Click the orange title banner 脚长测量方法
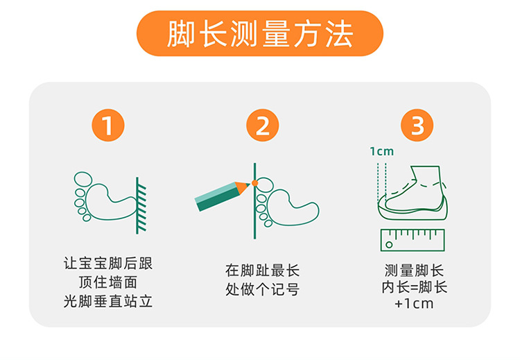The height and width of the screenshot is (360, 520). [260, 33]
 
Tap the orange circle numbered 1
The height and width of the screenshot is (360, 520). [107, 126]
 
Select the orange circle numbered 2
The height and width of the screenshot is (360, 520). [262, 126]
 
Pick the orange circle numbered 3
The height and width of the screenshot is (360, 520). [417, 126]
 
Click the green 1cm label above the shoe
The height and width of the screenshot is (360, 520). [382, 151]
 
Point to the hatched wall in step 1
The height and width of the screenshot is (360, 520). [141, 205]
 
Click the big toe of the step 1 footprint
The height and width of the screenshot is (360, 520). [83, 179]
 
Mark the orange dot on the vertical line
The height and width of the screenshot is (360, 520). [254, 183]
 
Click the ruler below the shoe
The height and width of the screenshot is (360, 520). [413, 240]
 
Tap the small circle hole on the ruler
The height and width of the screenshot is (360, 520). [390, 245]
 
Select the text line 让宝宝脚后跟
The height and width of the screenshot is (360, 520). [108, 263]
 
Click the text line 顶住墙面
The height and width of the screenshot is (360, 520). [108, 282]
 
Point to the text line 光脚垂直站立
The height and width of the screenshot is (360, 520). [108, 301]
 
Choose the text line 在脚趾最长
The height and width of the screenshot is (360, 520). [262, 271]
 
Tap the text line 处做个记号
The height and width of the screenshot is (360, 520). [262, 289]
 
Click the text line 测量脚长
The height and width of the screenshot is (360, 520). [414, 271]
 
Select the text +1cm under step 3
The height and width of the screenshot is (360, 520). [414, 304]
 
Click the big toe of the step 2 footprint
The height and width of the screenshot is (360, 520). [265, 185]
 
